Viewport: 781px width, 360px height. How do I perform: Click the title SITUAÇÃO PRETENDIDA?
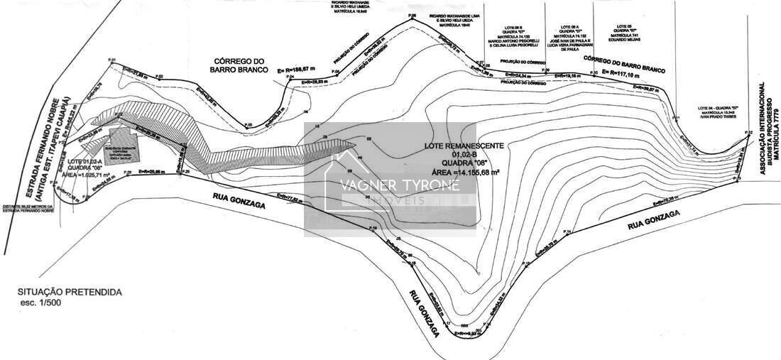coord(70,292)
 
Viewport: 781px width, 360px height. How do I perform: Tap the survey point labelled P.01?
coord(111,61)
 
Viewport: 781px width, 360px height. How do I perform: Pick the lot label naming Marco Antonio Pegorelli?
coord(506,41)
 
